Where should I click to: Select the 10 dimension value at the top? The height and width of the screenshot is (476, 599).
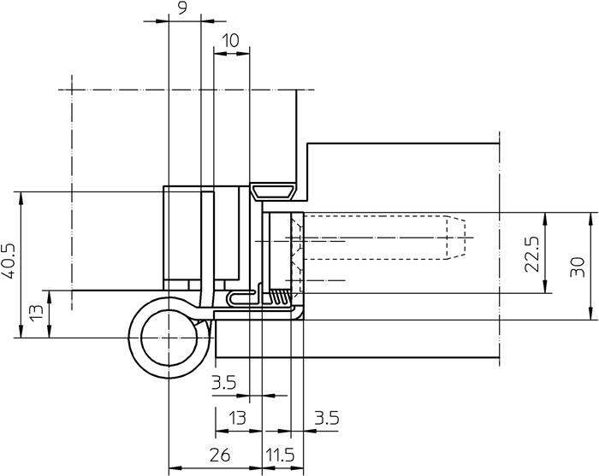coord(231,40)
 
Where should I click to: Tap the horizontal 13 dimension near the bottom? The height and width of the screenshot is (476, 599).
coord(237,419)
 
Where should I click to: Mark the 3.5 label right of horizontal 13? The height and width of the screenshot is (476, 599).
coord(326,419)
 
